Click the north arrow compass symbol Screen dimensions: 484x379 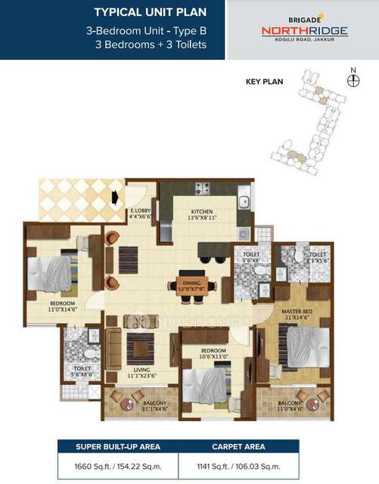352,79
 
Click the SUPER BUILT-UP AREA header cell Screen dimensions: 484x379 117,446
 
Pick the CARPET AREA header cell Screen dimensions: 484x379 238,446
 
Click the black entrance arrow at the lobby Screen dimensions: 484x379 113,198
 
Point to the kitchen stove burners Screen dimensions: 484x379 203,189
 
